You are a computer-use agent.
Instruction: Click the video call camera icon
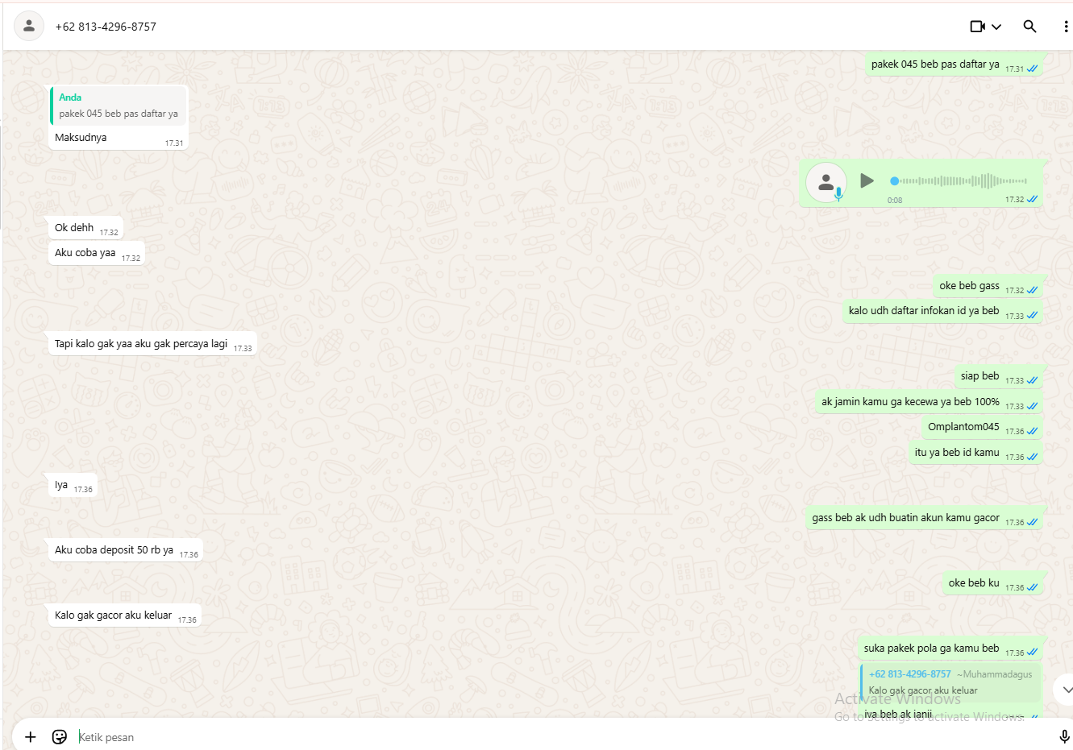(978, 27)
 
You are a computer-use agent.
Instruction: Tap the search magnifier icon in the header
(1029, 27)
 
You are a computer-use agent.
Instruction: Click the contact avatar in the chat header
(29, 27)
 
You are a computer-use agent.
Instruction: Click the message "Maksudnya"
(81, 138)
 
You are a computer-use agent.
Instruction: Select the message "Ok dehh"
(74, 228)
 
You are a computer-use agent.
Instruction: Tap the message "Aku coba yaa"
(85, 253)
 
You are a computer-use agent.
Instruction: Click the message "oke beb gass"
(969, 286)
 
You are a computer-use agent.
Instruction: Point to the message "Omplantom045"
(963, 427)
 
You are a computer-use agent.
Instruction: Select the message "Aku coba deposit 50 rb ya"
(114, 550)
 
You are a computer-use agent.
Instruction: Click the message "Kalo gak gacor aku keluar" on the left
(113, 615)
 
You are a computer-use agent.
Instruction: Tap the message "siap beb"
(979, 376)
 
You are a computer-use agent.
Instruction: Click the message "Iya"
(61, 485)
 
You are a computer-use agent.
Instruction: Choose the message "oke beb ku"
(974, 583)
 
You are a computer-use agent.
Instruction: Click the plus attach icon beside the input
(31, 737)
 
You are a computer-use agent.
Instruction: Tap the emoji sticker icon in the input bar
(60, 737)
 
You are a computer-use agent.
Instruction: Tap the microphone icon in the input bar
(1064, 736)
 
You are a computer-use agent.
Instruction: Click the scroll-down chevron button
(1067, 690)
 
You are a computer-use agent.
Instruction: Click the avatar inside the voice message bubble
(826, 183)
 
